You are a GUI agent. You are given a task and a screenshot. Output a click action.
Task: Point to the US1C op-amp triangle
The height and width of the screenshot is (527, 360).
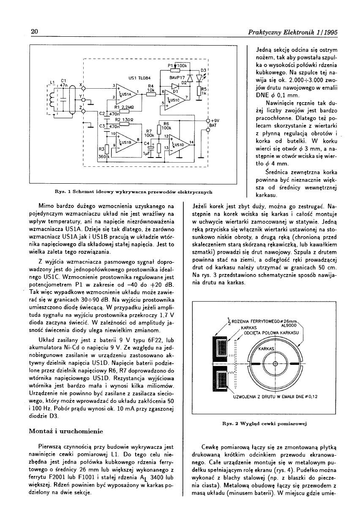tap(175, 100)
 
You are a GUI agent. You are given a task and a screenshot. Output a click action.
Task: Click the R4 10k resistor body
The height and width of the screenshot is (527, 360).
tap(150, 94)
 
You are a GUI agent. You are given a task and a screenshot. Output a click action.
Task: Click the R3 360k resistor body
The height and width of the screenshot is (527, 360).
tap(106, 149)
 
